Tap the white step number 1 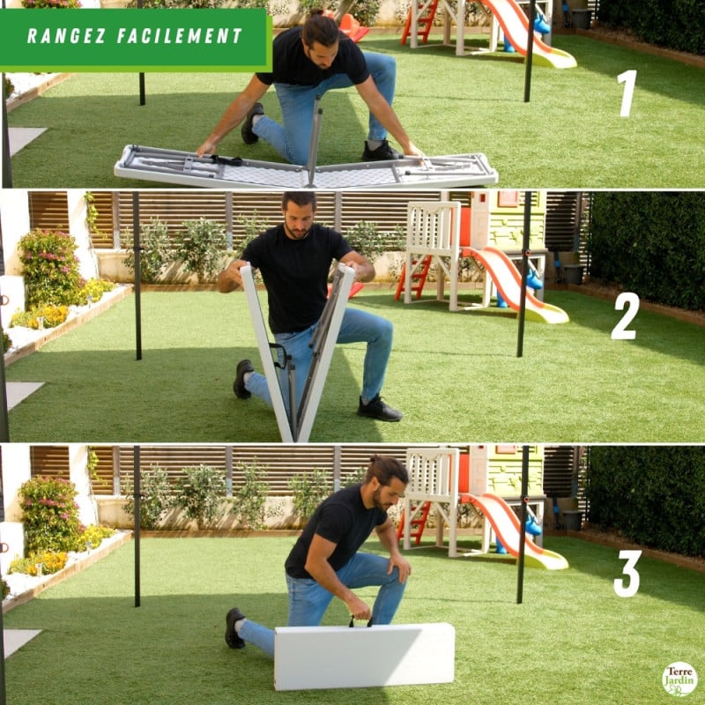(627, 93)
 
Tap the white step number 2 (625, 315)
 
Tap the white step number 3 (627, 574)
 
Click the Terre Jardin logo (679, 679)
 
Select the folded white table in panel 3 (364, 657)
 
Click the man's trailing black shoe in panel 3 (234, 627)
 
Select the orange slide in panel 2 (511, 285)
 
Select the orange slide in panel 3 (511, 529)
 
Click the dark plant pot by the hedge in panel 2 (573, 274)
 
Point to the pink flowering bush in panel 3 (49, 511)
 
